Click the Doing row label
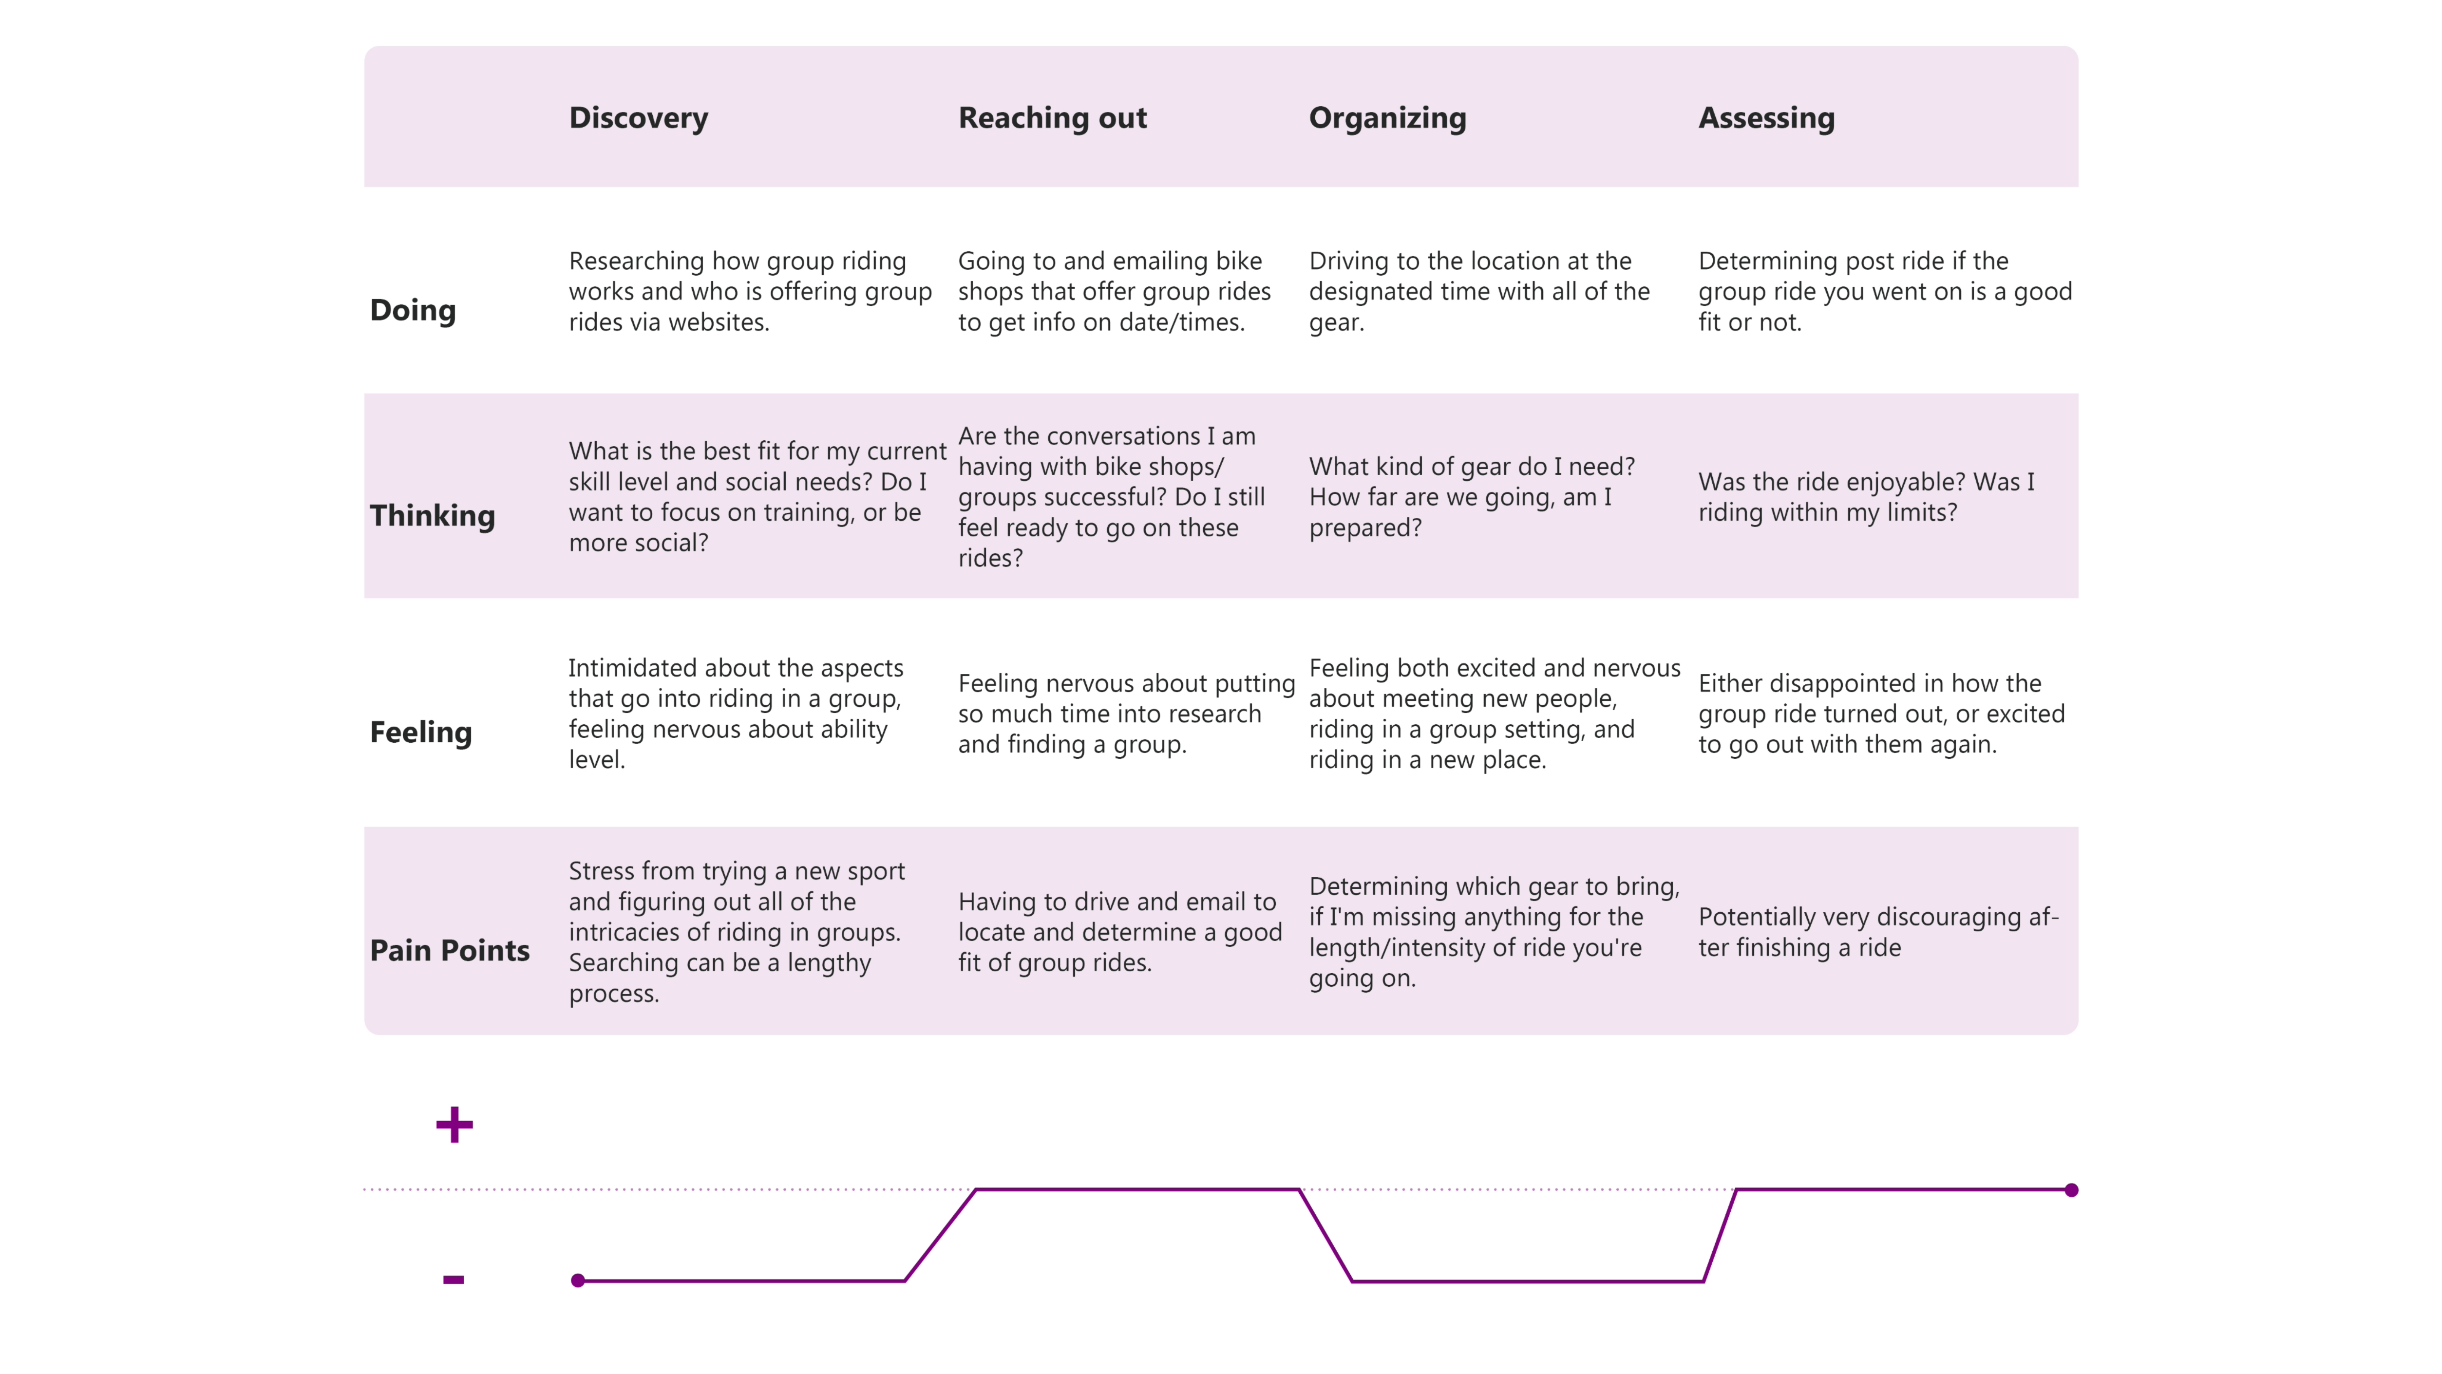[x=412, y=310]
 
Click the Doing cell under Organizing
[x=1479, y=291]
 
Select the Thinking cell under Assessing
[x=1865, y=497]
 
